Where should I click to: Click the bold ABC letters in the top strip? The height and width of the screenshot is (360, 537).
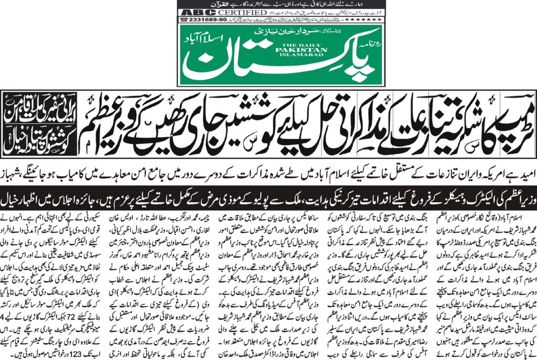[x=191, y=12]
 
